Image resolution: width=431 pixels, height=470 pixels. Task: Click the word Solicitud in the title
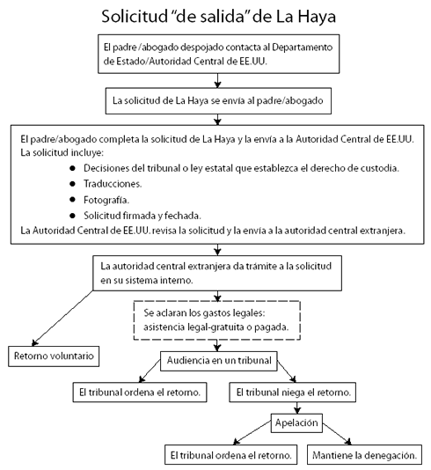pyautogui.click(x=135, y=17)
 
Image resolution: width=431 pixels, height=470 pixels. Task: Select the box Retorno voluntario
pyautogui.click(x=54, y=356)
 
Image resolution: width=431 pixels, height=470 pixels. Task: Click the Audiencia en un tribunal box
pyautogui.click(x=219, y=361)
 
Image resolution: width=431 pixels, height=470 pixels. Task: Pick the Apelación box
pyautogui.click(x=296, y=423)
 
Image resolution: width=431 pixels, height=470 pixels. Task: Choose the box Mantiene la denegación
pyautogui.click(x=364, y=455)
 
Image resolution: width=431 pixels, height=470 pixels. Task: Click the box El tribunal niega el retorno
pyautogui.click(x=293, y=392)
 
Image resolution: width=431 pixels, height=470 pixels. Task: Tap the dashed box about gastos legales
pyautogui.click(x=217, y=320)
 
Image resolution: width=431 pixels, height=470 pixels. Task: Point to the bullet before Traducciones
pyautogui.click(x=72, y=184)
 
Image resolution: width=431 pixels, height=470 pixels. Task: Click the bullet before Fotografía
pyautogui.click(x=72, y=199)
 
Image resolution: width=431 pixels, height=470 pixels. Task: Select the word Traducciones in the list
pyautogui.click(x=113, y=184)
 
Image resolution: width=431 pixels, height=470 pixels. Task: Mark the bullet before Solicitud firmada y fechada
pyautogui.click(x=72, y=216)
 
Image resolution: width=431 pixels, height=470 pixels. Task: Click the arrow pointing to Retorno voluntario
pyautogui.click(x=62, y=318)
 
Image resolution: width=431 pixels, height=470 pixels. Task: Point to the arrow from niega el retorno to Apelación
pyautogui.click(x=296, y=408)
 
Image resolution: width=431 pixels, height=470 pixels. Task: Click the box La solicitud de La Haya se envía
pyautogui.click(x=218, y=101)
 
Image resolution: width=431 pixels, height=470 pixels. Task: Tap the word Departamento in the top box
pyautogui.click(x=303, y=48)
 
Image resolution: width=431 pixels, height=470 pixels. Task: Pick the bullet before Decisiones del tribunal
pyautogui.click(x=72, y=168)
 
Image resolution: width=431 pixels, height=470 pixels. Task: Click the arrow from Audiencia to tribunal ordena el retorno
pyautogui.click(x=150, y=371)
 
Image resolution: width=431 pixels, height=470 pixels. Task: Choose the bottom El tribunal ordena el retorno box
pyautogui.click(x=231, y=455)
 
